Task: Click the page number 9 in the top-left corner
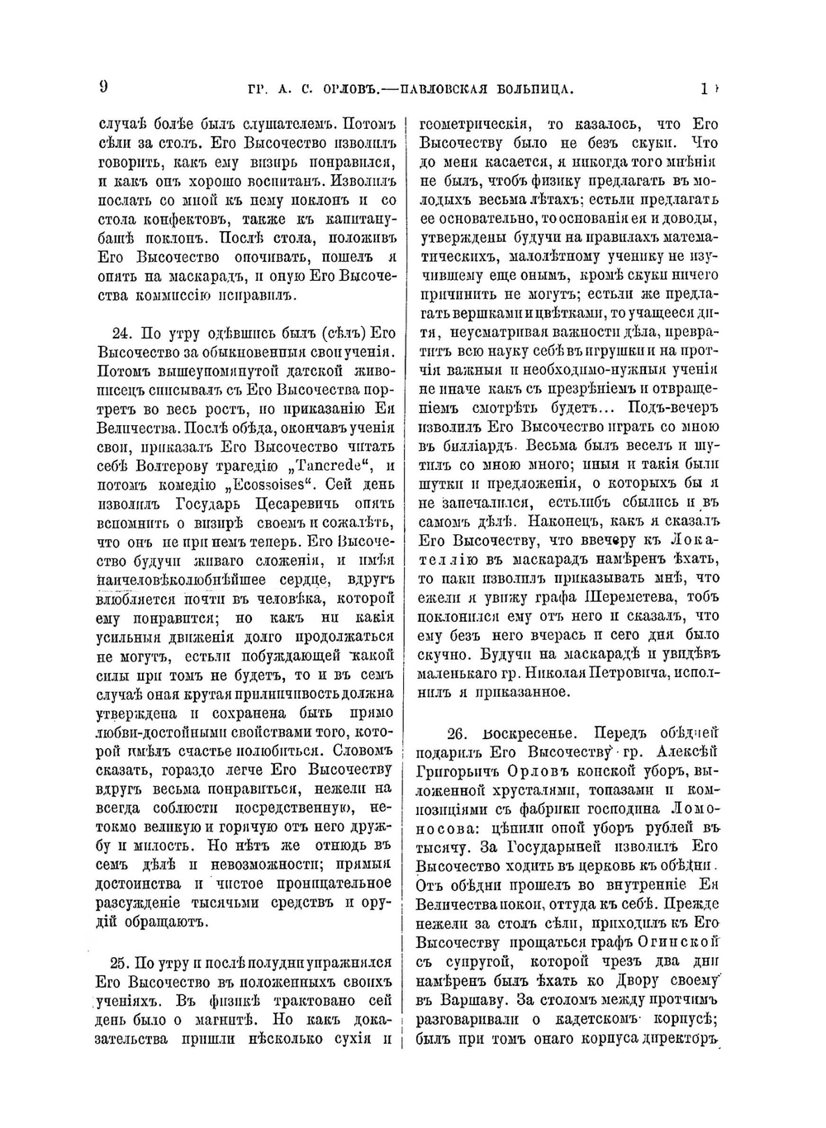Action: click(104, 87)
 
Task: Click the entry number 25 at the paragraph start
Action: click(120, 963)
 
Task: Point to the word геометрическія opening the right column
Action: click(475, 125)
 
